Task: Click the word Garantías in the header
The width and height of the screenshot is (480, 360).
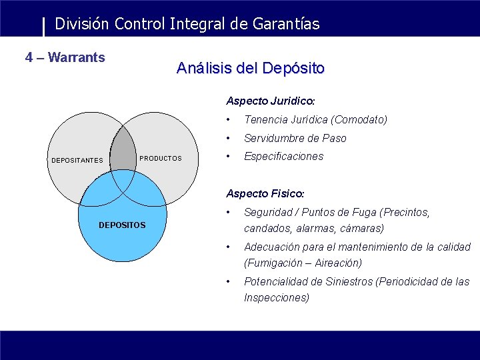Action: click(x=285, y=24)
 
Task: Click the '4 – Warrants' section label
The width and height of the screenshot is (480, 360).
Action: click(x=65, y=57)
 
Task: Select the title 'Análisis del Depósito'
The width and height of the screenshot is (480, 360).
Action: click(x=250, y=68)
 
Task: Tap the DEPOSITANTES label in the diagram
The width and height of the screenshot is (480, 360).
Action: click(x=77, y=160)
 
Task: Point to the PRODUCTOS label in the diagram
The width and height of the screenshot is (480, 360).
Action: click(x=160, y=159)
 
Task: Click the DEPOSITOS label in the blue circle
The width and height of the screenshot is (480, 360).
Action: click(x=122, y=225)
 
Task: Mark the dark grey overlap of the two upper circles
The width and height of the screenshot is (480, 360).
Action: click(x=123, y=150)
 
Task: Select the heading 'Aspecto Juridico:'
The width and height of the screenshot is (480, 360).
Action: click(x=270, y=101)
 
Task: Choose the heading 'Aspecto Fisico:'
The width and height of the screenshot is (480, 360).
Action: click(x=265, y=193)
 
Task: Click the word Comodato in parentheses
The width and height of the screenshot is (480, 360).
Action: click(x=359, y=120)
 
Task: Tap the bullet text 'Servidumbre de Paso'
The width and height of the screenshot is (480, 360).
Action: click(x=295, y=138)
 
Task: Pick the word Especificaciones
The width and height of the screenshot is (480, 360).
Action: click(x=283, y=156)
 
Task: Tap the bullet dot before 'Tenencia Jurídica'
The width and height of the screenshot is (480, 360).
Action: click(x=229, y=120)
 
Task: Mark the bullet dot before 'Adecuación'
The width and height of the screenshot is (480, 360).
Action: click(x=229, y=247)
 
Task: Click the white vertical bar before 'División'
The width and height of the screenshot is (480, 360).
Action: click(x=44, y=27)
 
